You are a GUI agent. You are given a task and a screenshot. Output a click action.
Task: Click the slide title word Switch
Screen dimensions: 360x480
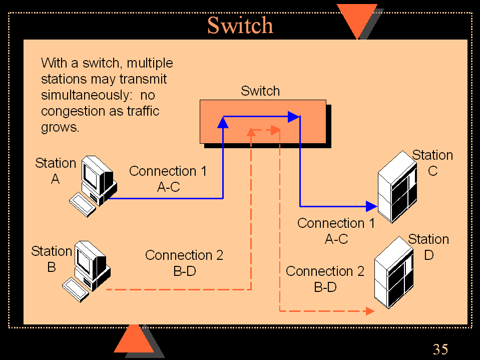pos(240,25)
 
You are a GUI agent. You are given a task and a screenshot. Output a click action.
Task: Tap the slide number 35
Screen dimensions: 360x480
pos(440,349)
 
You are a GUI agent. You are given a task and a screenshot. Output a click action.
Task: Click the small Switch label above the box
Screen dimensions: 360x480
pos(260,91)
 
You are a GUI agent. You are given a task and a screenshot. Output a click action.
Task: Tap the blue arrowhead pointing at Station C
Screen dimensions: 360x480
pos(371,206)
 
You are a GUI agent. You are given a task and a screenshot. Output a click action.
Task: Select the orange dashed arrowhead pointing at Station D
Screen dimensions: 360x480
pos(370,311)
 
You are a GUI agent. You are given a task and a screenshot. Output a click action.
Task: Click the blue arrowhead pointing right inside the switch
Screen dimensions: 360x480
pos(293,117)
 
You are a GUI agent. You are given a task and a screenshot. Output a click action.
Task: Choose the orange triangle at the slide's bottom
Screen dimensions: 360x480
pos(134,339)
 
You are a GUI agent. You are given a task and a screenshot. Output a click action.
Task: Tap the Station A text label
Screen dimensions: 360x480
pos(55,171)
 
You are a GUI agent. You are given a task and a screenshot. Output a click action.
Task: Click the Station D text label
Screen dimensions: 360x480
pos(428,247)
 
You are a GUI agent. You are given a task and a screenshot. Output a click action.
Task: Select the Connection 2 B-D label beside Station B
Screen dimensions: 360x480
pos(184,263)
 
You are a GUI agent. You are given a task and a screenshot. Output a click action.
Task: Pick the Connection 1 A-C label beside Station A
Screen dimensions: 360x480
pos(168,179)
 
